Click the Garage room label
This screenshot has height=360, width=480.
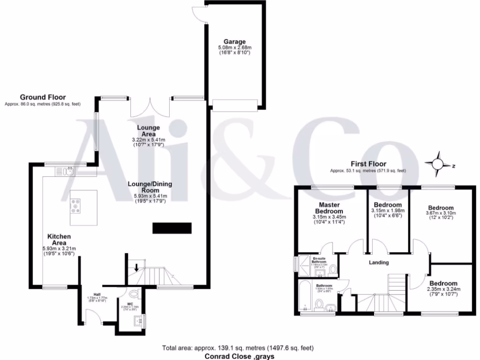[x=234, y=42]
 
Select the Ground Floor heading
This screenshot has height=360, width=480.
[x=42, y=97]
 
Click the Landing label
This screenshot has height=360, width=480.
[x=379, y=262]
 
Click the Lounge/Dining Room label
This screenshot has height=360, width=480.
[x=150, y=187]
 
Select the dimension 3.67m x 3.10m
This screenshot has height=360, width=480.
[x=441, y=213]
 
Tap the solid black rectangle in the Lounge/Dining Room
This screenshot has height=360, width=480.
[x=172, y=228]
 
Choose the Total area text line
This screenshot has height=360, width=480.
[x=238, y=348]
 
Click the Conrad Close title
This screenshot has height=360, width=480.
[x=239, y=356]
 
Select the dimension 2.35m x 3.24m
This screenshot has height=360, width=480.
[x=443, y=289]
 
